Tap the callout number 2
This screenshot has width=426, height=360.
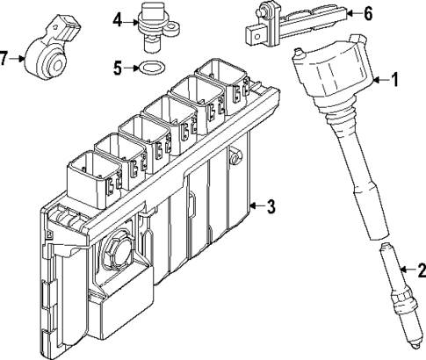(420, 271)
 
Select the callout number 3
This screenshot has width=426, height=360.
(271, 207)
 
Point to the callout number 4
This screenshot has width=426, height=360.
(118, 18)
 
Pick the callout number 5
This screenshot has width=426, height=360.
(118, 66)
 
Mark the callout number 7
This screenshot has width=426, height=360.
(6, 59)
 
